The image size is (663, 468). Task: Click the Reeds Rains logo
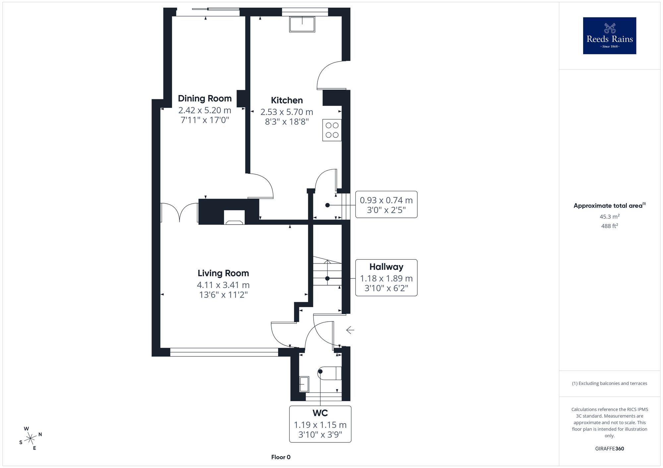tap(609, 36)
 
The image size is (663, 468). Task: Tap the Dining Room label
tap(205, 98)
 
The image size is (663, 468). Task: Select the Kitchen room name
tap(287, 100)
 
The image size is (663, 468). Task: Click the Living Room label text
tap(223, 273)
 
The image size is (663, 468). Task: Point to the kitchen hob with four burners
tap(332, 130)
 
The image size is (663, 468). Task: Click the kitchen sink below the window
tap(302, 24)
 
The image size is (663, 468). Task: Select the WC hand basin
tap(304, 384)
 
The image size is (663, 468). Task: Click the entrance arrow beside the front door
tap(350, 330)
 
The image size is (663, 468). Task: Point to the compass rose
tap(30, 439)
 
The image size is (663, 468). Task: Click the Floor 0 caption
tap(281, 457)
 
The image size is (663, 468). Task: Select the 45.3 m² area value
tap(609, 217)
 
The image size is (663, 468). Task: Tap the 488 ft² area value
tap(609, 226)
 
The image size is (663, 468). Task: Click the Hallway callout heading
tap(386, 267)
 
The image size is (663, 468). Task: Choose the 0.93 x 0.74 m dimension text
tap(386, 200)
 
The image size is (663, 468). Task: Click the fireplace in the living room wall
tap(234, 217)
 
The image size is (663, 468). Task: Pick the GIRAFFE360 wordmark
tap(609, 449)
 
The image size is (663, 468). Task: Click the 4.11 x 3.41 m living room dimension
tap(223, 285)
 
